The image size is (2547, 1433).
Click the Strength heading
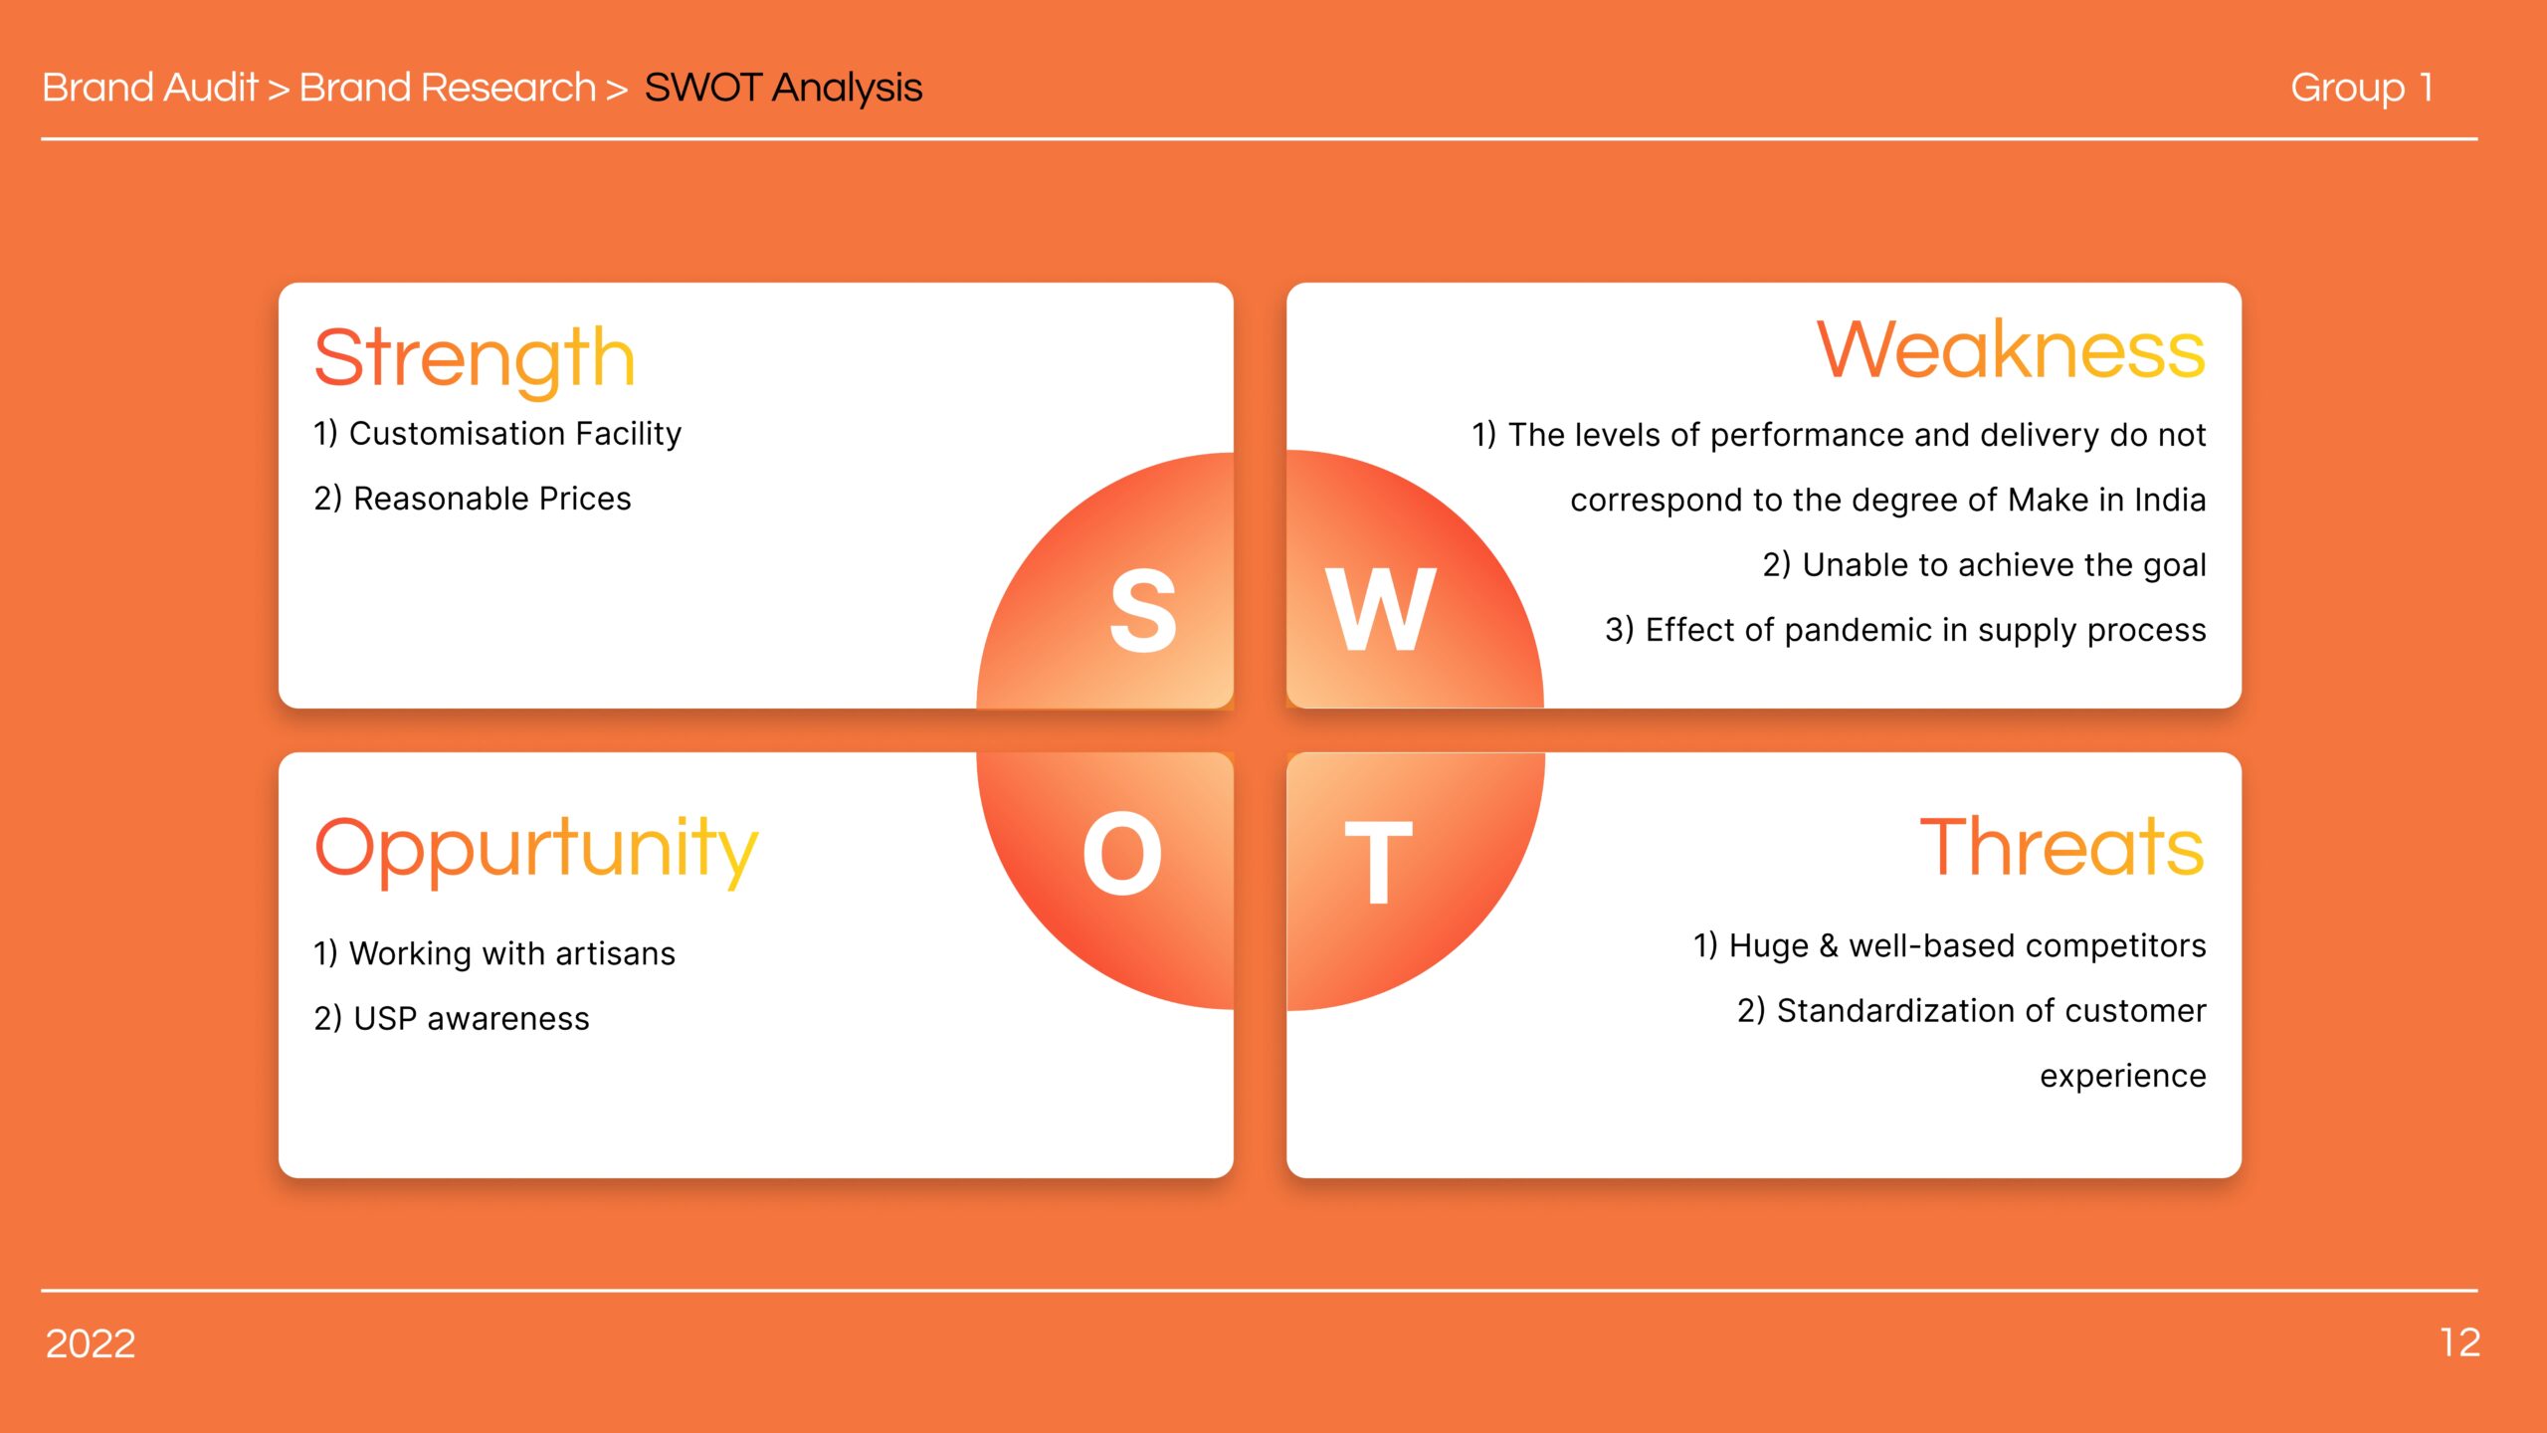pos(475,359)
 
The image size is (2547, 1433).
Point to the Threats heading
pos(2061,847)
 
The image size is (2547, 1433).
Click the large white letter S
pos(1143,610)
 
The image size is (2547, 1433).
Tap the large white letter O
pos(1122,853)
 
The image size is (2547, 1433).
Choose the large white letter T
pos(1378,862)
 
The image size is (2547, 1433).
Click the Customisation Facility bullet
pos(497,434)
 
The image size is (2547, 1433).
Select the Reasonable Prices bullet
pos(473,499)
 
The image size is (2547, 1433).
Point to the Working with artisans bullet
pos(494,953)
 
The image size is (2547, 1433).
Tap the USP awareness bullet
pos(452,1018)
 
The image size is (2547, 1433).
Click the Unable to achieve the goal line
pos(1985,565)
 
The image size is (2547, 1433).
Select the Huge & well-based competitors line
pos(1950,945)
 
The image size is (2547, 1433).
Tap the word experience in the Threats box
pos(2123,1077)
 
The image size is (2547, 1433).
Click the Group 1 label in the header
pos(2362,89)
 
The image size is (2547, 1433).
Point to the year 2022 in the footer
pos(91,1344)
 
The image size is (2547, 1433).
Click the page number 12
pos(2459,1343)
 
